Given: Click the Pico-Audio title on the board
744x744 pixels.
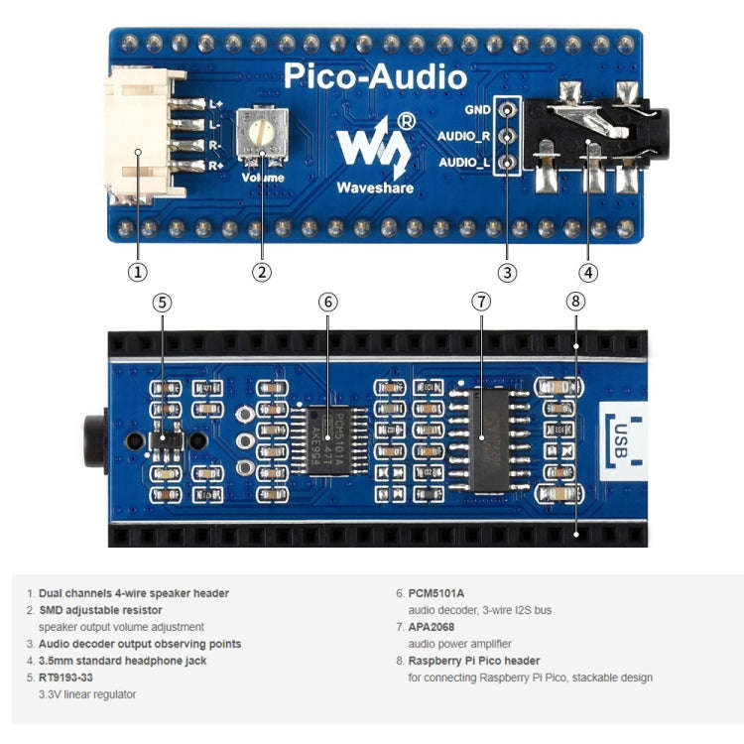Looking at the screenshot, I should point(375,76).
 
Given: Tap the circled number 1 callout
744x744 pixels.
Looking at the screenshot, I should point(138,271).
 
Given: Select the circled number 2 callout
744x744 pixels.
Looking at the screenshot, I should point(262,271).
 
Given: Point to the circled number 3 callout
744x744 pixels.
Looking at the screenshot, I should point(507,271).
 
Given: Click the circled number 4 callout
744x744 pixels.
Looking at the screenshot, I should point(588,271).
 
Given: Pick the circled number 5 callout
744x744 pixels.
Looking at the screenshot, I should point(162,302).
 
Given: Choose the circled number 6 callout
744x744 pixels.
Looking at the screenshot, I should point(327,302).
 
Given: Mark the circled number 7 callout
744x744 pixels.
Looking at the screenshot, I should point(481,302).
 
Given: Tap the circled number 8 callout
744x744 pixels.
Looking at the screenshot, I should point(576,302).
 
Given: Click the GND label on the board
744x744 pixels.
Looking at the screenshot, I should point(477,110).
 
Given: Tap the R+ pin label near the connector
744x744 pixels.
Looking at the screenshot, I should point(215,166).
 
